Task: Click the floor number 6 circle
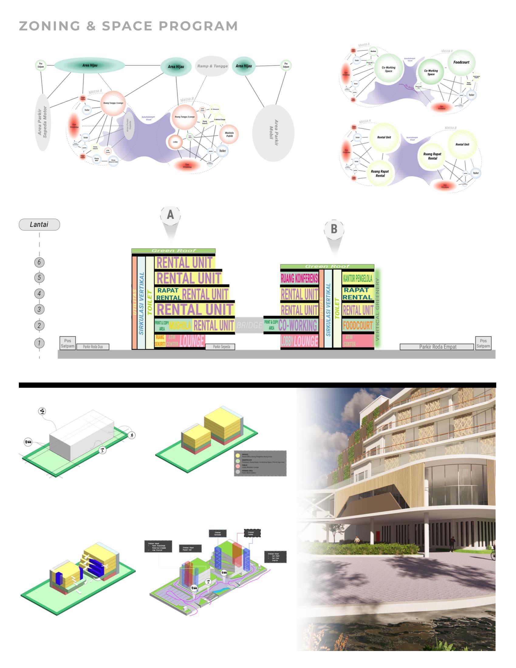[x=39, y=262]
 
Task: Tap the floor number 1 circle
[x=39, y=343]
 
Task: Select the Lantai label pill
[x=39, y=224]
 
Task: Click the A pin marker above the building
[x=170, y=215]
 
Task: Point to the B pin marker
[x=334, y=229]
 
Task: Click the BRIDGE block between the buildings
[x=249, y=325]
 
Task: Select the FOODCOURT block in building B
[x=357, y=325]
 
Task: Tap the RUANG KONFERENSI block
[x=299, y=278]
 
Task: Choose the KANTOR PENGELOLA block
[x=357, y=278]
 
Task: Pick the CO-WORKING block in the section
[x=298, y=325]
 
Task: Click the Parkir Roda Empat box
[x=437, y=347]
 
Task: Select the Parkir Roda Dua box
[x=93, y=347]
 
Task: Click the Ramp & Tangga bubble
[x=212, y=66]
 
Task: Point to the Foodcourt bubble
[x=461, y=62]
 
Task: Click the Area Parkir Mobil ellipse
[x=273, y=133]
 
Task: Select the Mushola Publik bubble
[x=229, y=134]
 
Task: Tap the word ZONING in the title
[x=50, y=26]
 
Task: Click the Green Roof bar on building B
[x=327, y=266]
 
